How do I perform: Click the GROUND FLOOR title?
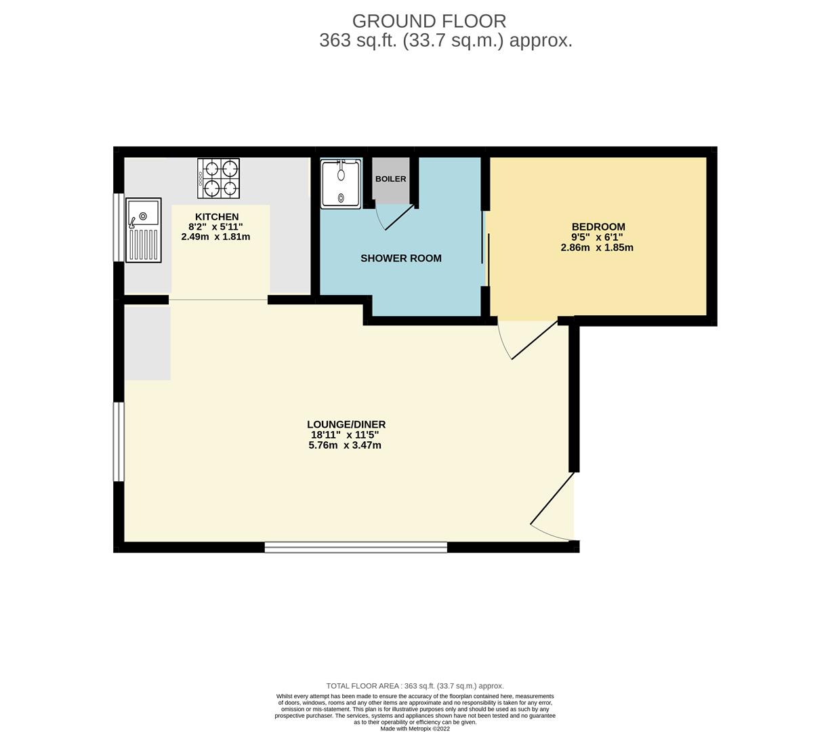(429, 21)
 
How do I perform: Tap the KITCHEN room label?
(217, 217)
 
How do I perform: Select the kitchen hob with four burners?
(219, 178)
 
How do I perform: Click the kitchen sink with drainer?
(144, 230)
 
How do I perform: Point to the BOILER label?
(391, 179)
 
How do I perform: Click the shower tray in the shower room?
(341, 184)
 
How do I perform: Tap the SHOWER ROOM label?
(401, 258)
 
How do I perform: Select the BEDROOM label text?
(598, 227)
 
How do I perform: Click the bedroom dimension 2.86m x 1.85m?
(597, 247)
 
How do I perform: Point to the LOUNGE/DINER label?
(346, 424)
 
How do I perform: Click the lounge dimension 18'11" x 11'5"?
(345, 435)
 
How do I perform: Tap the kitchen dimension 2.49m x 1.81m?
(215, 237)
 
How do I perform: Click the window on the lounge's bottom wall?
(356, 548)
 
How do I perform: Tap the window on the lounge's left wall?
(119, 441)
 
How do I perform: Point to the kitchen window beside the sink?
(119, 227)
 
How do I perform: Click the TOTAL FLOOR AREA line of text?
(415, 686)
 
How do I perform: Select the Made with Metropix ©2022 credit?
(415, 729)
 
